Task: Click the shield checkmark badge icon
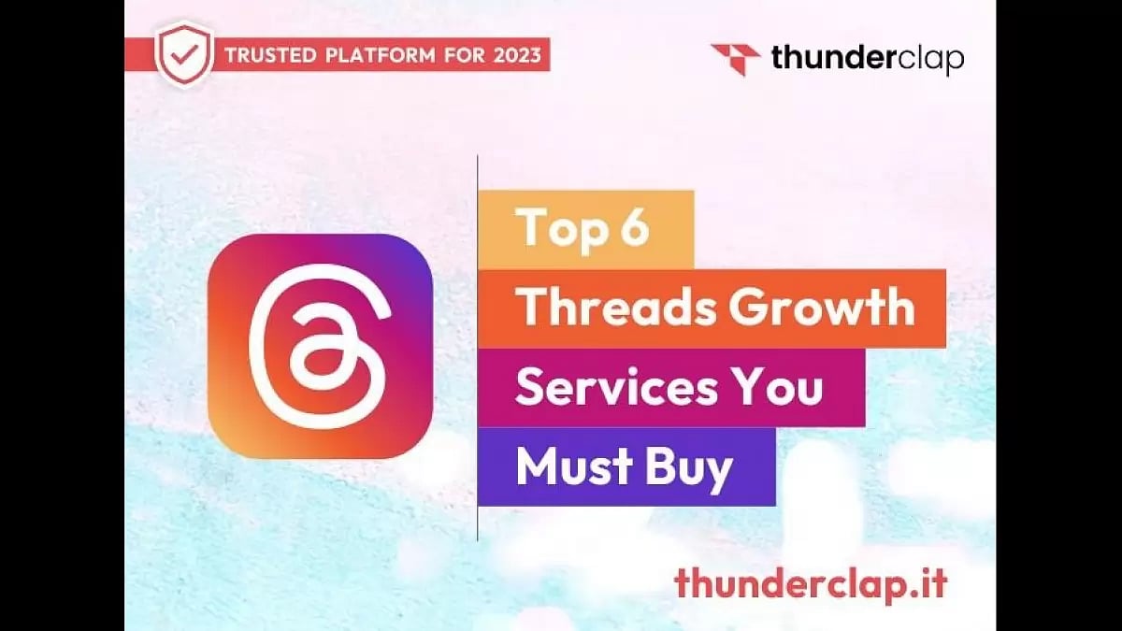(x=184, y=54)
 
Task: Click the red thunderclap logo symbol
(x=736, y=59)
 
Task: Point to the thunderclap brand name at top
(x=867, y=58)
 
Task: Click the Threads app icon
(x=320, y=345)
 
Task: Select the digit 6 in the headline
(x=633, y=229)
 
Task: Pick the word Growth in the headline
(x=822, y=308)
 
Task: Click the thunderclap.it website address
(x=810, y=584)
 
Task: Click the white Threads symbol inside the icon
(x=319, y=345)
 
